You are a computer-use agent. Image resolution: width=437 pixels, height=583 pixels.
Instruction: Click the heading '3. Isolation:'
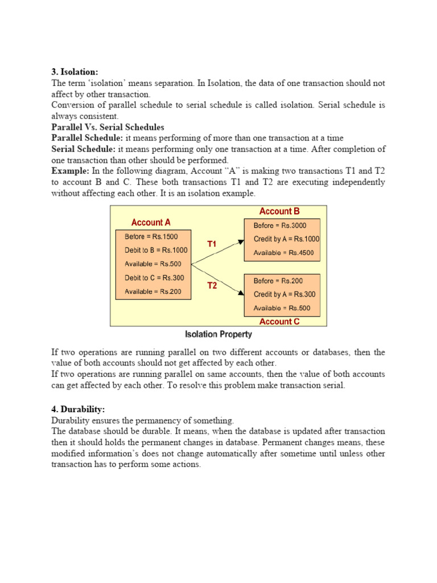coord(75,72)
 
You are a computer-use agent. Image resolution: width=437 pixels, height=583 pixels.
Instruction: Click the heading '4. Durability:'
coord(78,409)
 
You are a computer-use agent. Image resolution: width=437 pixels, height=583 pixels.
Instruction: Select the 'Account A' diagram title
coord(151,223)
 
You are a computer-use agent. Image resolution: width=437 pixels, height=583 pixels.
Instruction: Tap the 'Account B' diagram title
coord(279,211)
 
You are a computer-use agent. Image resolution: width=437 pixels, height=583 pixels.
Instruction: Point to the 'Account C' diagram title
coord(279,322)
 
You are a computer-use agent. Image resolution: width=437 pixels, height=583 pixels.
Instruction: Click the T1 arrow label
coord(212,244)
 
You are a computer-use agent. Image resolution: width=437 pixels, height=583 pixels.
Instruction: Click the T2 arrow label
coord(212,286)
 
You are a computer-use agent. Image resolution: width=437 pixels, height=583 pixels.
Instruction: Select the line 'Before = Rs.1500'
coord(151,236)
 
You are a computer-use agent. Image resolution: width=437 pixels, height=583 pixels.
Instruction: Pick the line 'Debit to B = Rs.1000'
coord(155,250)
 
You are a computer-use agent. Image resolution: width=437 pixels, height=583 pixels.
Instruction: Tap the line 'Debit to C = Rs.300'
coord(154,278)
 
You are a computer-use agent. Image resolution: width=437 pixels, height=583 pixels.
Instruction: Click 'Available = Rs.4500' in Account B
coord(283,253)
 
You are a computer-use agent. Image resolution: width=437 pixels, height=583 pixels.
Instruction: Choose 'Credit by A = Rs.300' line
coord(284,294)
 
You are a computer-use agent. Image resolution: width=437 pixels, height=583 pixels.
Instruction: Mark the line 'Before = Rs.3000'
coord(279,225)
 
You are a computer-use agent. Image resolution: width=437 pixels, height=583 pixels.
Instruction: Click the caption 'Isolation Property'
coord(218,334)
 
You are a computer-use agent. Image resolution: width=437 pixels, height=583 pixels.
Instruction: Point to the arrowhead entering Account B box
coord(241,240)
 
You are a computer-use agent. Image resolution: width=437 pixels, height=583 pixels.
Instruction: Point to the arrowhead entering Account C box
coord(241,293)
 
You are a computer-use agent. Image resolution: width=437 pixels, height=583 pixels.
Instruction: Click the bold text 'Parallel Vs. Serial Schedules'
coord(108,127)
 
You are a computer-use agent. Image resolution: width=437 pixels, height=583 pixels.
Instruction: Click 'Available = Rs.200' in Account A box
coord(152,291)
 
